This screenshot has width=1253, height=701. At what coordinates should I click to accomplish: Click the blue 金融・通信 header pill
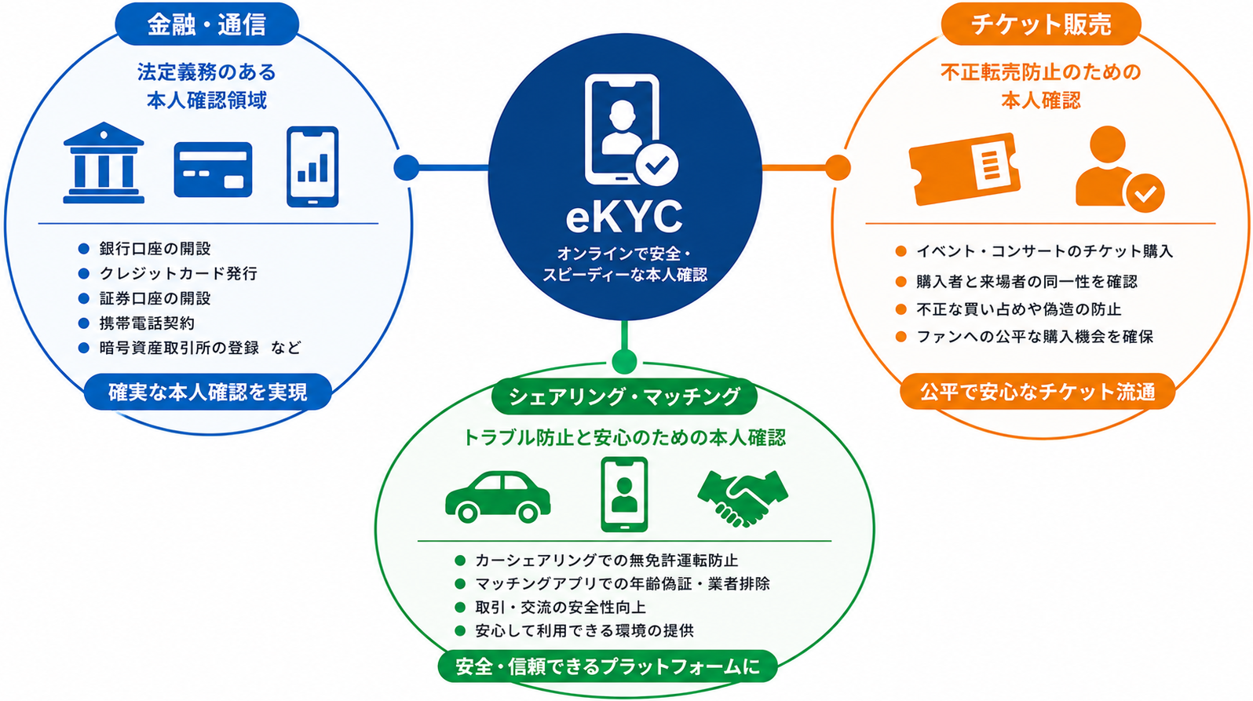[x=207, y=24]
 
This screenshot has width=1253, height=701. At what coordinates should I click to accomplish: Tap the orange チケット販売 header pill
[x=1040, y=24]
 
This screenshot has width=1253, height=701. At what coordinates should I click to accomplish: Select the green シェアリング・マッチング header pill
[x=624, y=396]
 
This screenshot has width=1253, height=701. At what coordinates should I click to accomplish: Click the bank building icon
[x=104, y=162]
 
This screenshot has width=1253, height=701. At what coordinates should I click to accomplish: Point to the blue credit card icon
[x=213, y=170]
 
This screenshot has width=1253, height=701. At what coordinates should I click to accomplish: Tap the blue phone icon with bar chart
[x=312, y=166]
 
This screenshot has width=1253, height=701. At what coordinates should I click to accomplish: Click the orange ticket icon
[x=965, y=169]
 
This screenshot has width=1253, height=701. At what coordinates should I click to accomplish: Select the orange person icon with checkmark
[x=1119, y=169]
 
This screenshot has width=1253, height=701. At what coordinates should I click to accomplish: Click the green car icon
[x=498, y=497]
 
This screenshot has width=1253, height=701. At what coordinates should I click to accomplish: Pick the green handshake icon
[x=743, y=498]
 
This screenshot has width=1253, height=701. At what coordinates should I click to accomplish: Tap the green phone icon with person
[x=624, y=495]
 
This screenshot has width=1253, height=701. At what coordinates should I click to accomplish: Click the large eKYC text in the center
[x=624, y=217]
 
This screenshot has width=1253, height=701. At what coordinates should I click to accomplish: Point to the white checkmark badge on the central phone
[x=656, y=165]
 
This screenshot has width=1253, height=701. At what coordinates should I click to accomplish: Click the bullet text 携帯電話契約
[x=147, y=323]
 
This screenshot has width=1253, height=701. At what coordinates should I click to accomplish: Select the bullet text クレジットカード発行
[x=178, y=274]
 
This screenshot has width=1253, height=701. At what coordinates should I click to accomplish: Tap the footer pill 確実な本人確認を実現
[x=208, y=392]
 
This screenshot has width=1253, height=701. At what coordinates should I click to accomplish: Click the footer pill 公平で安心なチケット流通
[x=1038, y=392]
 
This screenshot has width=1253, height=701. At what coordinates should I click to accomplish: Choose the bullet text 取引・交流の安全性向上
[x=561, y=607]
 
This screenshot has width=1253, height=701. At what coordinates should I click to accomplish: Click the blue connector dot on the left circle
[x=407, y=167]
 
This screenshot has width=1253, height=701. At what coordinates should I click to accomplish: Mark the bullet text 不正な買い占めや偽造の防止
[x=1018, y=309]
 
